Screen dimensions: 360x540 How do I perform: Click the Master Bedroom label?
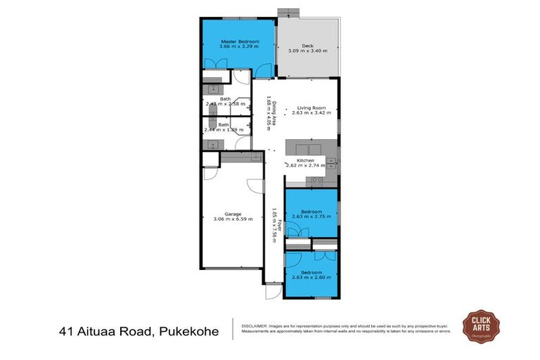(240, 42)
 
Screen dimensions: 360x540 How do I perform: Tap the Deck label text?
(307, 44)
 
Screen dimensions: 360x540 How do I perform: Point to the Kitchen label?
(305, 161)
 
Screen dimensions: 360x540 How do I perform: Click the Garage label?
(233, 214)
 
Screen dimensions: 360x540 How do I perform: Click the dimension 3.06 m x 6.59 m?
(233, 219)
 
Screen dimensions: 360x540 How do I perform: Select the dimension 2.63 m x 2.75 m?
(311, 217)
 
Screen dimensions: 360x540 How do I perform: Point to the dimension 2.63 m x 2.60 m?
(311, 278)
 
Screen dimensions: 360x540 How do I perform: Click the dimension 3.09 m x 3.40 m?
(307, 51)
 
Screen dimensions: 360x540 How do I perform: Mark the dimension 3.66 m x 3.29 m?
(240, 48)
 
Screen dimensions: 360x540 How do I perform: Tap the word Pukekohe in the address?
(188, 330)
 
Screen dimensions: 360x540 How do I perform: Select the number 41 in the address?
(67, 330)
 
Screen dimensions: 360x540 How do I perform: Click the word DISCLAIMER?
(256, 326)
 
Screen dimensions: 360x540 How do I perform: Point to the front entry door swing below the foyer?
(274, 290)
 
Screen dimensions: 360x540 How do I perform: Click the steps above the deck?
(288, 12)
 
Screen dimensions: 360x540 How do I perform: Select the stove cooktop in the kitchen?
(314, 181)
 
